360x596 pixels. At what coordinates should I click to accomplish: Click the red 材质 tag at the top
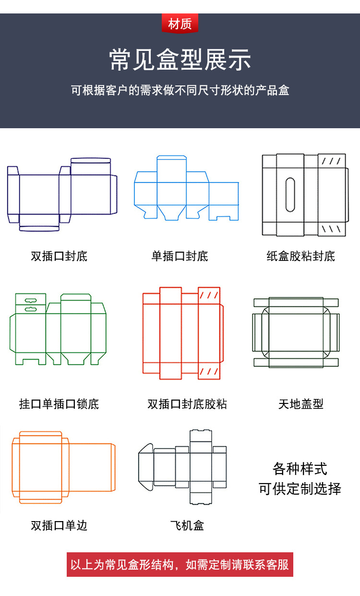coord(180,24)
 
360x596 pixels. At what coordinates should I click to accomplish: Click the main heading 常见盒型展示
coord(180,61)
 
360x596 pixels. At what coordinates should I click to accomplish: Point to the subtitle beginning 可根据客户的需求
coord(180,90)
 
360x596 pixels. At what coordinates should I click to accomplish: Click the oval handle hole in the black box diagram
coord(290,195)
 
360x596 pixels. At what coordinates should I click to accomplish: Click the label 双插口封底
coord(59,256)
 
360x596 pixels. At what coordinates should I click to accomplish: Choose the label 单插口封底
coord(180,256)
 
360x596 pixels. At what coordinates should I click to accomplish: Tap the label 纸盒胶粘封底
coord(301,256)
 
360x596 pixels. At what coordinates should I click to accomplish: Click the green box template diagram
coord(58,329)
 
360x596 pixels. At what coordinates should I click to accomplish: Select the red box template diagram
coord(183,331)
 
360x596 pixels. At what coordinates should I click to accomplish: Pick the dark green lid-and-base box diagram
coord(296,332)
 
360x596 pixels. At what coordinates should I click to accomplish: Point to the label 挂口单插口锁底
coord(59,404)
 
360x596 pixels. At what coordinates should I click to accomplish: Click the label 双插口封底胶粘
coord(187,404)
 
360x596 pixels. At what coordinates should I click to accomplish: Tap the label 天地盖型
coord(301,404)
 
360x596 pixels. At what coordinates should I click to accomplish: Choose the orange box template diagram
coord(64,467)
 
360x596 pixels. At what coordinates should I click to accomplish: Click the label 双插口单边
coord(59,525)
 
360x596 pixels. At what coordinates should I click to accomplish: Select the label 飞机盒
coord(187,525)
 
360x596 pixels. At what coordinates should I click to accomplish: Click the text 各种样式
coord(300,468)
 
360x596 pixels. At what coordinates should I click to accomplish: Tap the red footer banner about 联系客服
coord(180,564)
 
